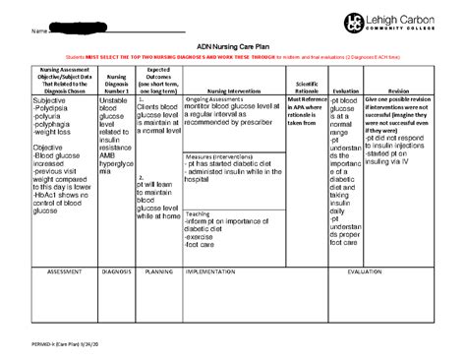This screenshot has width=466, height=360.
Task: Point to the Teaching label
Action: point(198,212)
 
